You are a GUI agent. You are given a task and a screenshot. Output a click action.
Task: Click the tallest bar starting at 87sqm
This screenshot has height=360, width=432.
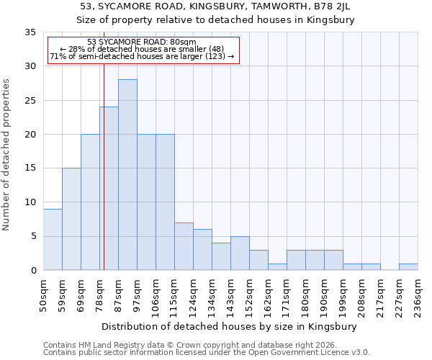(x=127, y=174)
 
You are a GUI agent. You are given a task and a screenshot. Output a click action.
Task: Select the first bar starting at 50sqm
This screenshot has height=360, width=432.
(x=53, y=239)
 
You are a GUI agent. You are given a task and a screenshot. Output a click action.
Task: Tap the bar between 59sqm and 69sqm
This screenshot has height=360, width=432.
(x=71, y=219)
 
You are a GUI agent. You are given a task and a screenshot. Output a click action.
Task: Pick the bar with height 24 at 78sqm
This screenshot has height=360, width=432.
(x=109, y=188)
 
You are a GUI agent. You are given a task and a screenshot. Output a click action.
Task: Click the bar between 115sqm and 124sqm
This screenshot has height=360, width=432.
(x=184, y=246)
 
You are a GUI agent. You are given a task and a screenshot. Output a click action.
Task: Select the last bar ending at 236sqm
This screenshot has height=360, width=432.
(x=408, y=266)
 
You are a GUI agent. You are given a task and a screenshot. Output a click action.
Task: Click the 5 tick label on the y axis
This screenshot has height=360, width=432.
(x=32, y=236)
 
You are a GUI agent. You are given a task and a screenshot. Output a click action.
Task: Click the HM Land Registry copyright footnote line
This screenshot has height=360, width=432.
(x=184, y=345)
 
